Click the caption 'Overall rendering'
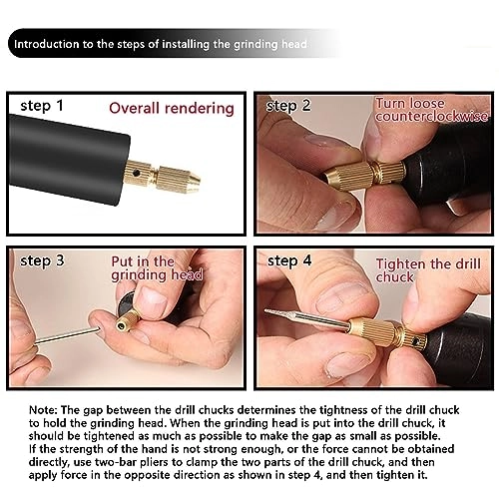point(171,108)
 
